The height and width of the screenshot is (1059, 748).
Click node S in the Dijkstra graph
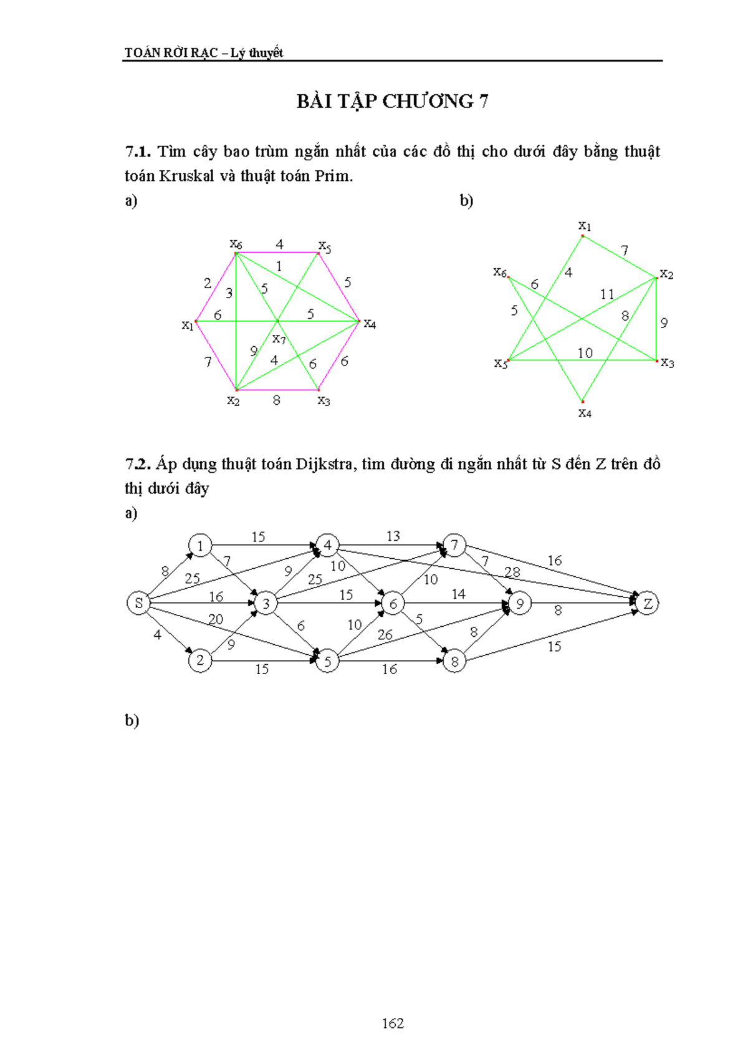(138, 603)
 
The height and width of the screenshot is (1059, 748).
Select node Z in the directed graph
(648, 603)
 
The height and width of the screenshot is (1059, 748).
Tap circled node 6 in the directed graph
(393, 603)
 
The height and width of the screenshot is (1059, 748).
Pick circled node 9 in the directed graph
(520, 603)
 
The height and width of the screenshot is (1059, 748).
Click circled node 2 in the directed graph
(200, 660)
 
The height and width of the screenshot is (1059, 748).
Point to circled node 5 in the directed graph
(327, 661)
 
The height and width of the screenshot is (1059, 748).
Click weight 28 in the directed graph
(512, 572)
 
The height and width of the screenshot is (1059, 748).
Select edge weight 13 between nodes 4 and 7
(393, 536)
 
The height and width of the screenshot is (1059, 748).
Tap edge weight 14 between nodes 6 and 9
(459, 594)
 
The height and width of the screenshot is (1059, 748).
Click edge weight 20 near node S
(216, 619)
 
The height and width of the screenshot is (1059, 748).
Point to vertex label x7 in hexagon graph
(279, 339)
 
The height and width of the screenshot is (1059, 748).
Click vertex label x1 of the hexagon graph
(188, 325)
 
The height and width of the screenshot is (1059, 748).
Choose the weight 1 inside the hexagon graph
(279, 266)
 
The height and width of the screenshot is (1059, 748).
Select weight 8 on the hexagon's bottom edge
(277, 400)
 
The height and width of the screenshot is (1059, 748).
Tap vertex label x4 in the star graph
(585, 413)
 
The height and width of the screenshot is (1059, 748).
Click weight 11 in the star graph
(607, 294)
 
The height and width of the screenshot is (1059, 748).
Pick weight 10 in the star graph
(585, 353)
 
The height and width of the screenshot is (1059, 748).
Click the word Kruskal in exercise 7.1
(186, 176)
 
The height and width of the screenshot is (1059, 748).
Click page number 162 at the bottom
(393, 1023)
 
